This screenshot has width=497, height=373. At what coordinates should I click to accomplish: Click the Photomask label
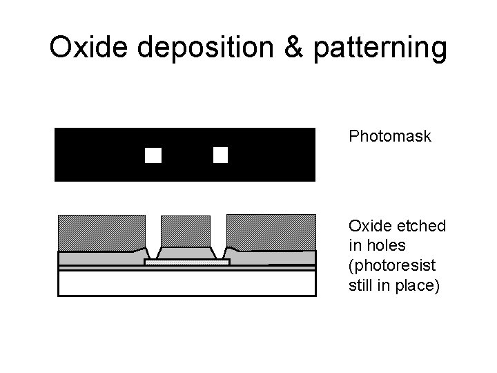tap(390, 137)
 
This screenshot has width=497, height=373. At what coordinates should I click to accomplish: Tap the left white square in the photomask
tap(153, 155)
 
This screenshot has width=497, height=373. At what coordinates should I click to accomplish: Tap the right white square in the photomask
tap(220, 155)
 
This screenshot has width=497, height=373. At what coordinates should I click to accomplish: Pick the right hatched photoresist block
tap(271, 231)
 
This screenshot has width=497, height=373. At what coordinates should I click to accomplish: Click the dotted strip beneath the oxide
tap(186, 262)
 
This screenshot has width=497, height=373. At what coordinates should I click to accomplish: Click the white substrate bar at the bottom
tap(186, 283)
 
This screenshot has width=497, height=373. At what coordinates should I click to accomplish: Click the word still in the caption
tap(361, 285)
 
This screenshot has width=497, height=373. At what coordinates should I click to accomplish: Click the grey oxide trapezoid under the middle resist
tap(185, 253)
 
